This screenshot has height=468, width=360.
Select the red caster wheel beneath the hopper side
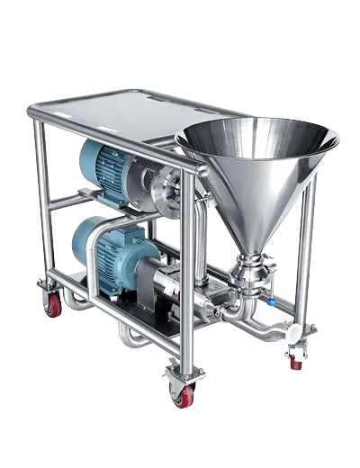pos(295,358)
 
